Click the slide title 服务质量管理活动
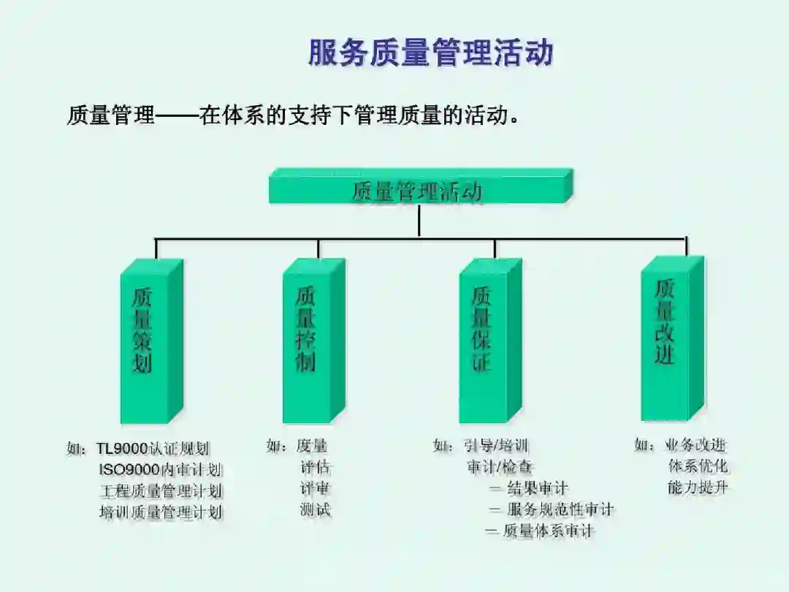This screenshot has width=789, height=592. coord(430,53)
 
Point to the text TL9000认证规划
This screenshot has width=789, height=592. coord(153,448)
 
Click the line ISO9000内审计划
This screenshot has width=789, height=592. coord(161,469)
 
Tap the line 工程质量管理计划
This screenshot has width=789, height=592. coord(161,490)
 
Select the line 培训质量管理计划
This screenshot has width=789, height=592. coord(161,512)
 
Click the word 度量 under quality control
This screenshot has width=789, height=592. coord(312,445)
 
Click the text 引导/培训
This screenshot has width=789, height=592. coord(496,445)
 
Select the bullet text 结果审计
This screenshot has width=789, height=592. coord(537,487)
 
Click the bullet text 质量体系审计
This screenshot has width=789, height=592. coord(549,531)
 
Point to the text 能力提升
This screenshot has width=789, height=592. coord(698,487)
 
